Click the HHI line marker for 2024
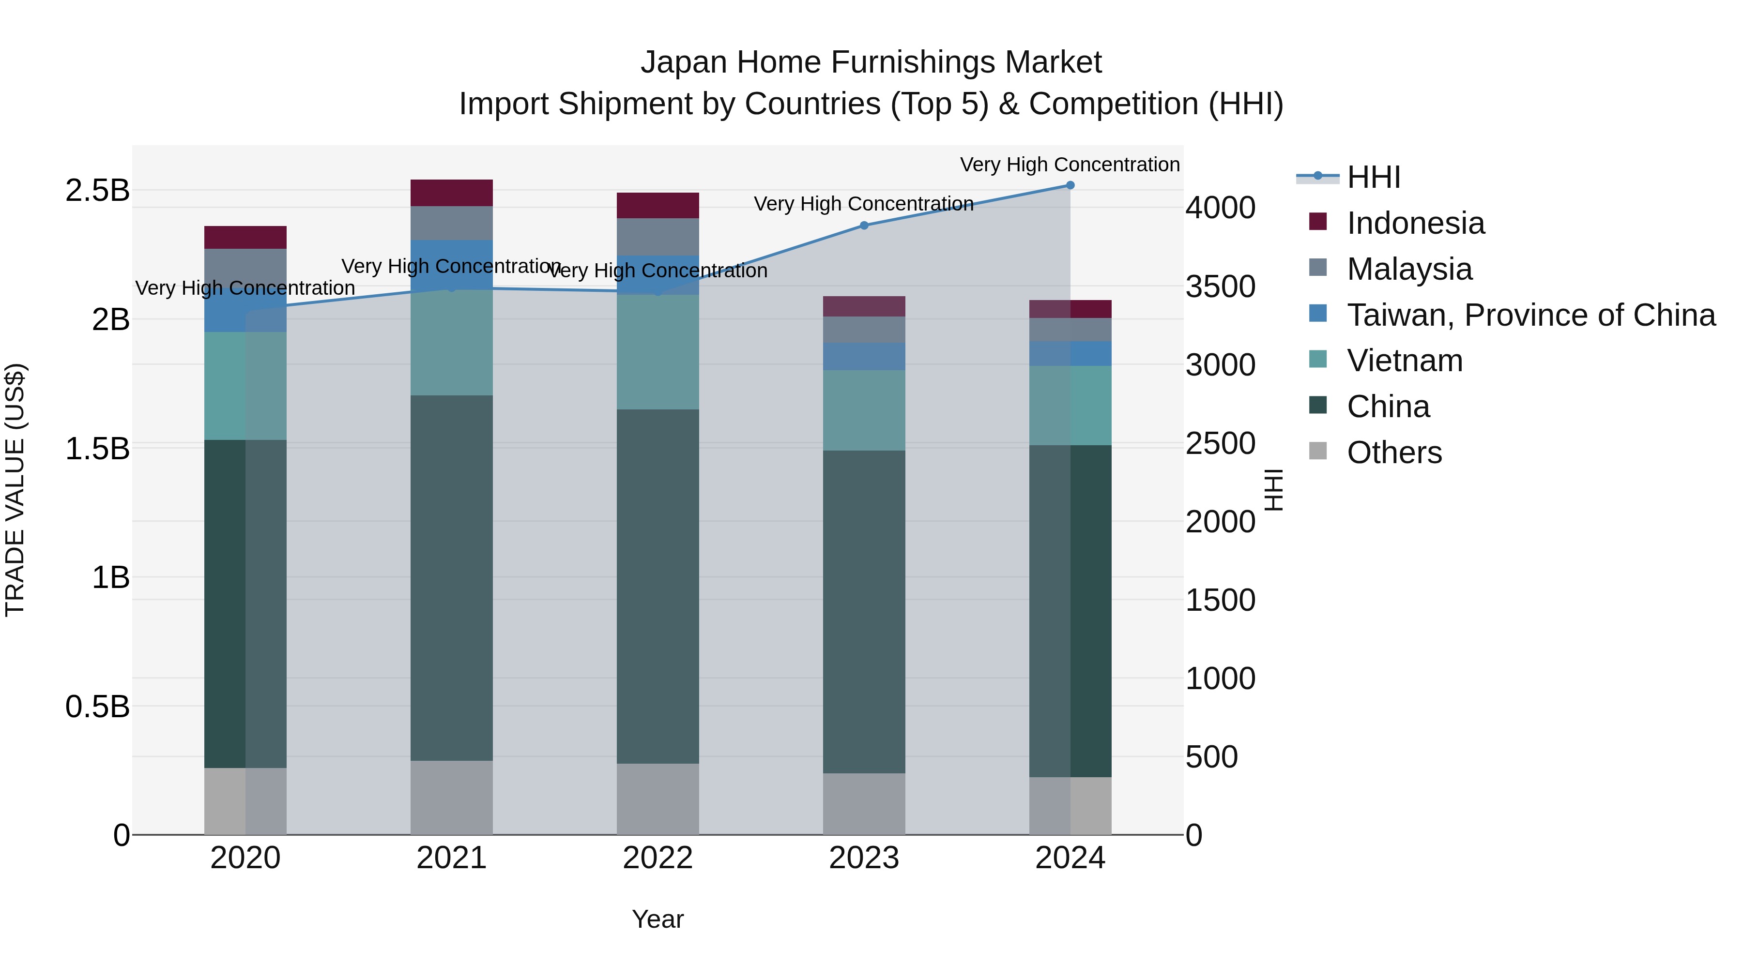[1070, 185]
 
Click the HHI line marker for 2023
[864, 225]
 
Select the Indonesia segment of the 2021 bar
[451, 193]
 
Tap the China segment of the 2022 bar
[657, 587]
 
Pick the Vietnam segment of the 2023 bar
[864, 410]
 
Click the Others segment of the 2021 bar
[451, 798]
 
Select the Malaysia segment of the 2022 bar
[657, 237]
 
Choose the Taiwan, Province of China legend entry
[1530, 315]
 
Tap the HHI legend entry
[1373, 177]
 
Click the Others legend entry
[1394, 452]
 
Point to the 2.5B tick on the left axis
[97, 191]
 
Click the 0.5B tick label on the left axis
[97, 707]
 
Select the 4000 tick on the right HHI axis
[1220, 208]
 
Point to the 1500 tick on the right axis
[1220, 600]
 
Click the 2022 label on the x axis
[657, 858]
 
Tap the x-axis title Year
[657, 919]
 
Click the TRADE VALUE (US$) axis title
[15, 490]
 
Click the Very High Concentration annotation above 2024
[1069, 165]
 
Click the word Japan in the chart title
[683, 62]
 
